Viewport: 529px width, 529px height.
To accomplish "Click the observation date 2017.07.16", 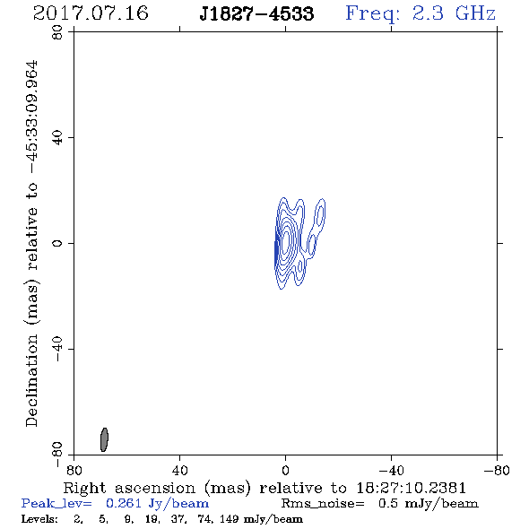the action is [x=91, y=13].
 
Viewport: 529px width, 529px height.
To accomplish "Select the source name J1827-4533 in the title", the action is [x=256, y=13].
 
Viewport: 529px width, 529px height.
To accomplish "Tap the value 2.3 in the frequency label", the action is [x=428, y=13].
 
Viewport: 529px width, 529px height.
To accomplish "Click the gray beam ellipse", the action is [x=104, y=439].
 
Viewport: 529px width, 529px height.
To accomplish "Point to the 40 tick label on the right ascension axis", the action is [x=179, y=470].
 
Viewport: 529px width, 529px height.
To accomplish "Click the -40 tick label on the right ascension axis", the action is [x=391, y=470].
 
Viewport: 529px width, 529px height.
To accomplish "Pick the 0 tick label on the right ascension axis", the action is [x=285, y=470].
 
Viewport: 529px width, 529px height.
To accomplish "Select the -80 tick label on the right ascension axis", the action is [x=497, y=470].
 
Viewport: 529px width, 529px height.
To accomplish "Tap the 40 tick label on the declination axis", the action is [x=57, y=137].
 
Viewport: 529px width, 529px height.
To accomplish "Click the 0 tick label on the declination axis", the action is [x=57, y=243].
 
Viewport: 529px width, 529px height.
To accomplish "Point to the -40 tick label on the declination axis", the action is [x=57, y=349].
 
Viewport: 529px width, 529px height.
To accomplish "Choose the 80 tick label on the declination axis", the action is [x=57, y=32].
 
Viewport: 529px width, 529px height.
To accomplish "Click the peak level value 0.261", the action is [x=124, y=503].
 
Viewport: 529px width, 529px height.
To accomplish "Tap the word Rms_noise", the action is [x=323, y=504].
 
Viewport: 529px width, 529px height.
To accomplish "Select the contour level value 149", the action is [x=230, y=518].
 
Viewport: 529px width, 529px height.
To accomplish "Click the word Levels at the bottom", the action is [x=39, y=518].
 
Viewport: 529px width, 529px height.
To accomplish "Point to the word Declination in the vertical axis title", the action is [x=31, y=380].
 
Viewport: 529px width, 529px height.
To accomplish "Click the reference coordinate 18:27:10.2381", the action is [x=412, y=488].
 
